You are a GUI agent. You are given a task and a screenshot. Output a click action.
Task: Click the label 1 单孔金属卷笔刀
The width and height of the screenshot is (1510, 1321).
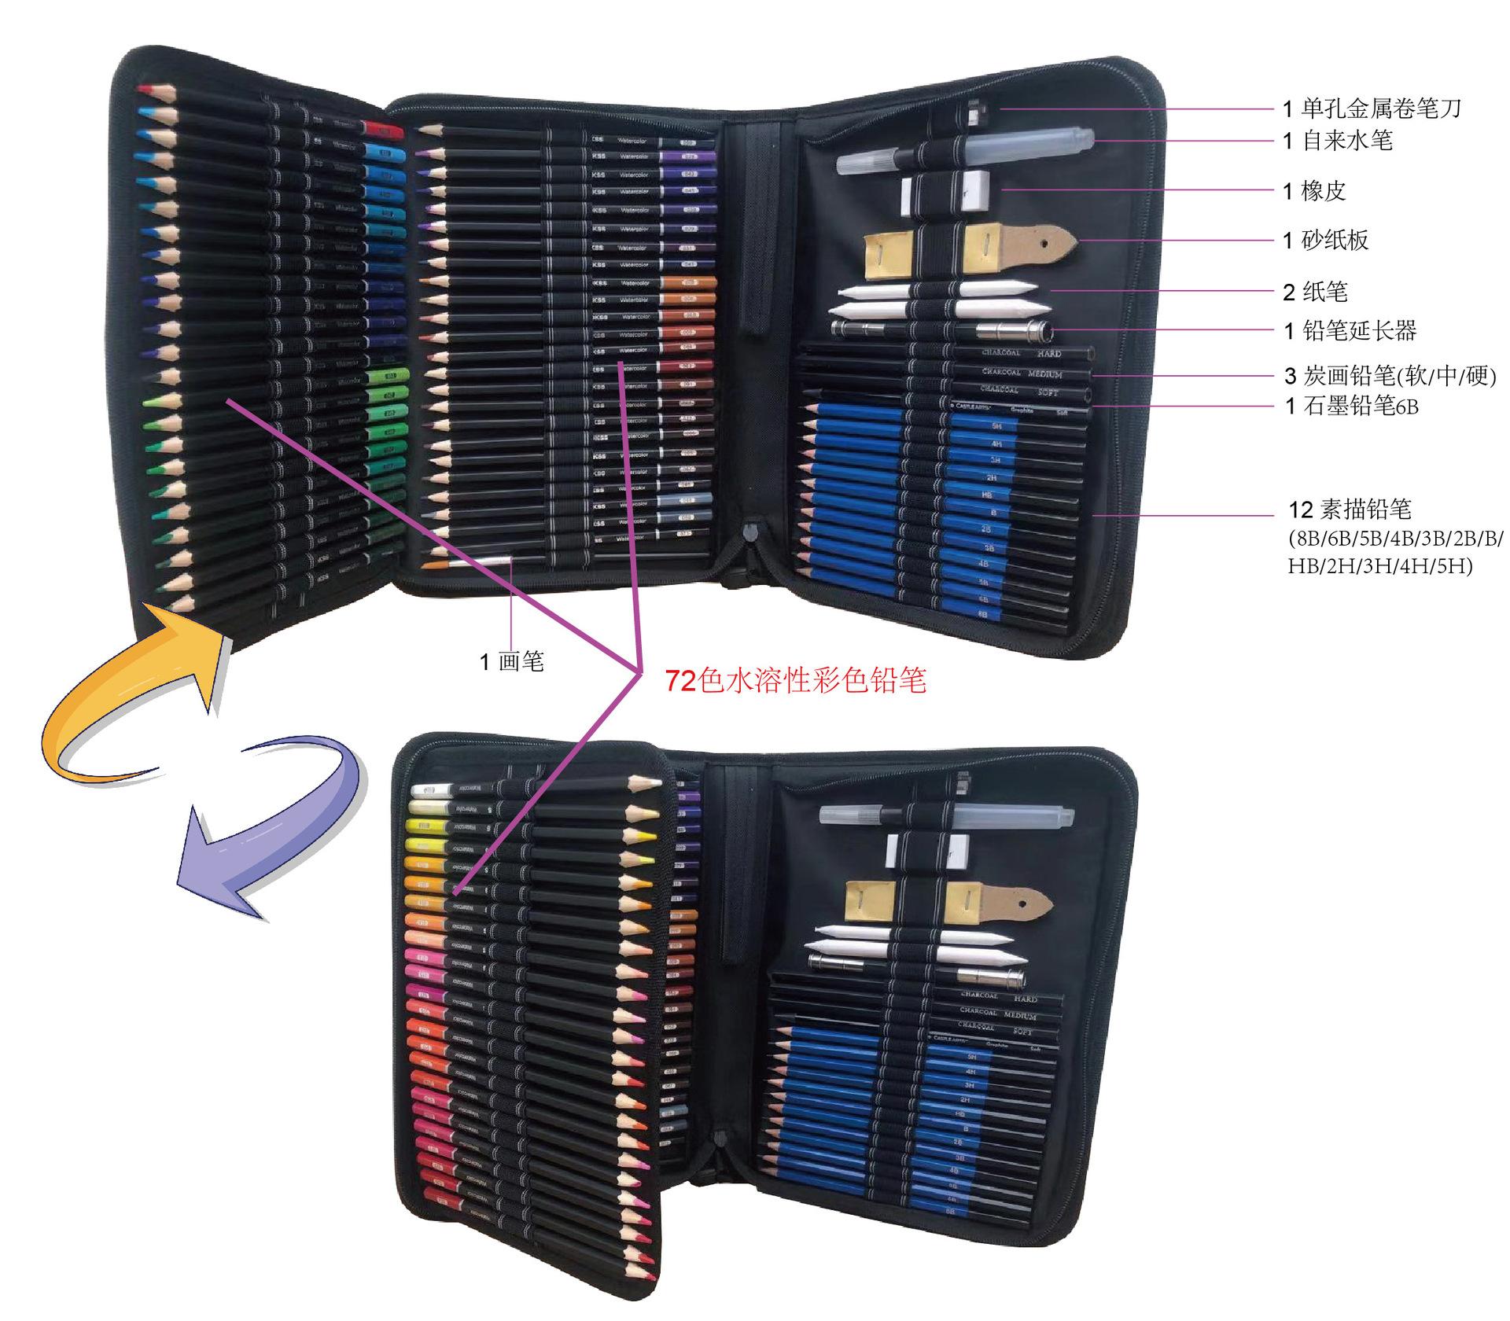point(1372,109)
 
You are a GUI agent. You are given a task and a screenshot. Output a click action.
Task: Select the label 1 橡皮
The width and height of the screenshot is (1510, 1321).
point(1313,191)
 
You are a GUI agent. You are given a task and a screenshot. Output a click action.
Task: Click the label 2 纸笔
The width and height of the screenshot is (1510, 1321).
point(1314,293)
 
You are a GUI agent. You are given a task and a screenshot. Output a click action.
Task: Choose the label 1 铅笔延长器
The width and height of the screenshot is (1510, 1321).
point(1350,331)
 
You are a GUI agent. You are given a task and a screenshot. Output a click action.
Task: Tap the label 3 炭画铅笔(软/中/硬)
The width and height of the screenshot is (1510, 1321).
point(1389,377)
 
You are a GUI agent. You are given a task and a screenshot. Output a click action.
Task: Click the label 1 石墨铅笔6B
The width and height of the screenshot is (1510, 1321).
point(1351,407)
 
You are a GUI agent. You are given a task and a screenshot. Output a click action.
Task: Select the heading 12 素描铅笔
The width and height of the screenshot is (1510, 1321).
point(1350,510)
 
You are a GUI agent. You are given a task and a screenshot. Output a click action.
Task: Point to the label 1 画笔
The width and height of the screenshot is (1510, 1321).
point(512,662)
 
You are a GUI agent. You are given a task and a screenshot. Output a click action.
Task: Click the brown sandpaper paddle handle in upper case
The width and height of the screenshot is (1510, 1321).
point(1046,239)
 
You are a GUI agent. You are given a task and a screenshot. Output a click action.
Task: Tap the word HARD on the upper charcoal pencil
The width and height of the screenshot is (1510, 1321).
point(1049,355)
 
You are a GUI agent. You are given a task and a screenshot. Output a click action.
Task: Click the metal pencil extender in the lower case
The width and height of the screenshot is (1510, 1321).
point(991,977)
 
